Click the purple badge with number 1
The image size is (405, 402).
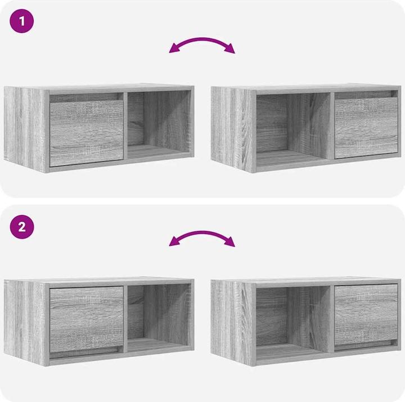(x=22, y=21)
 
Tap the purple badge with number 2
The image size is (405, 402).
(x=22, y=227)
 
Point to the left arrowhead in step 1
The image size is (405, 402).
(x=174, y=48)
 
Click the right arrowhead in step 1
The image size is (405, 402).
(x=230, y=48)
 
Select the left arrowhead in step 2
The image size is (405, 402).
(x=174, y=241)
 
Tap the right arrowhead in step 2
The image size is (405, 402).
(x=230, y=242)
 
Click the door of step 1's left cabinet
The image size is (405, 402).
(x=86, y=133)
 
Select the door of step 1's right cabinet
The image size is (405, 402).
(x=366, y=128)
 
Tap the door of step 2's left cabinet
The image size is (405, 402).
(x=86, y=320)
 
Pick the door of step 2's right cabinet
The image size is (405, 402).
(x=366, y=315)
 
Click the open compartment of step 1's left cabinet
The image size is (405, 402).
(x=159, y=124)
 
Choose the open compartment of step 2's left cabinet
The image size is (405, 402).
(x=159, y=318)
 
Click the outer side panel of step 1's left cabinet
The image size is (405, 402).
(x=25, y=128)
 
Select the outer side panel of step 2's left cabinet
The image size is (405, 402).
(x=25, y=321)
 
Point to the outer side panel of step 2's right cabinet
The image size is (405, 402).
(x=232, y=322)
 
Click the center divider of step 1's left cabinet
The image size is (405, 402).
(x=125, y=126)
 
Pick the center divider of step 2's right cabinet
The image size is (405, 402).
(x=332, y=319)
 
